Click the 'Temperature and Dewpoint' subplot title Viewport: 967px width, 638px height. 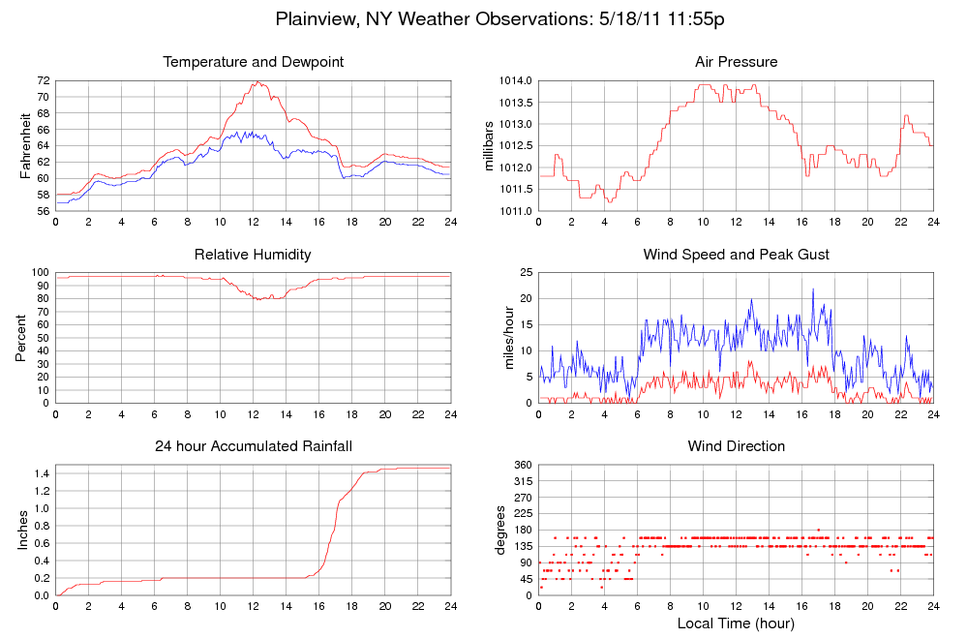254,62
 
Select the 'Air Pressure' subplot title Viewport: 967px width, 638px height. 736,62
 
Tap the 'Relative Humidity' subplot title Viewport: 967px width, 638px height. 254,255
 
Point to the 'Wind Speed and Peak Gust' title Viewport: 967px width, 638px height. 736,255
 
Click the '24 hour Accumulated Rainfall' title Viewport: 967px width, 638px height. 254,446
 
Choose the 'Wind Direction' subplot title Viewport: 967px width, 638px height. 736,446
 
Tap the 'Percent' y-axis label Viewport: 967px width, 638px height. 21,337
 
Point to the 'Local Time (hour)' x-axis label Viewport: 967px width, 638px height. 736,623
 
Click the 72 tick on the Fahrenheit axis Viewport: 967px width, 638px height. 43,80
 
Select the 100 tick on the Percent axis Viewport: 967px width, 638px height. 40,272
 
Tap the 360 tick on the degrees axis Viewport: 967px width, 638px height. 523,465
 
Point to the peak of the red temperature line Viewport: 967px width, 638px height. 257,82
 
